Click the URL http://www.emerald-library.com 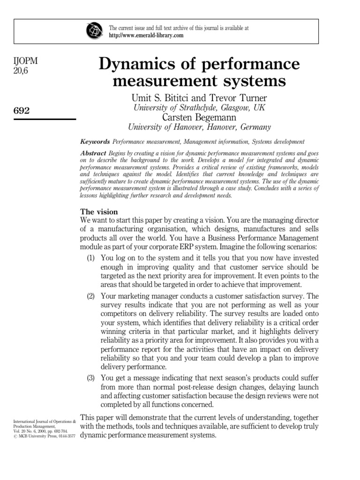click(146, 36)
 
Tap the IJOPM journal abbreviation click(27, 62)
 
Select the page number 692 click(22, 111)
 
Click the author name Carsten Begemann click(199, 117)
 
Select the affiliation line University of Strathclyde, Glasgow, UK click(199, 108)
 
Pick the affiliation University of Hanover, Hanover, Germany click(199, 127)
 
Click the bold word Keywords click(95, 142)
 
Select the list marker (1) click(92, 258)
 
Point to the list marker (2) click(92, 296)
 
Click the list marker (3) click(92, 378)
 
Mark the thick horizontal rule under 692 click(45, 119)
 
